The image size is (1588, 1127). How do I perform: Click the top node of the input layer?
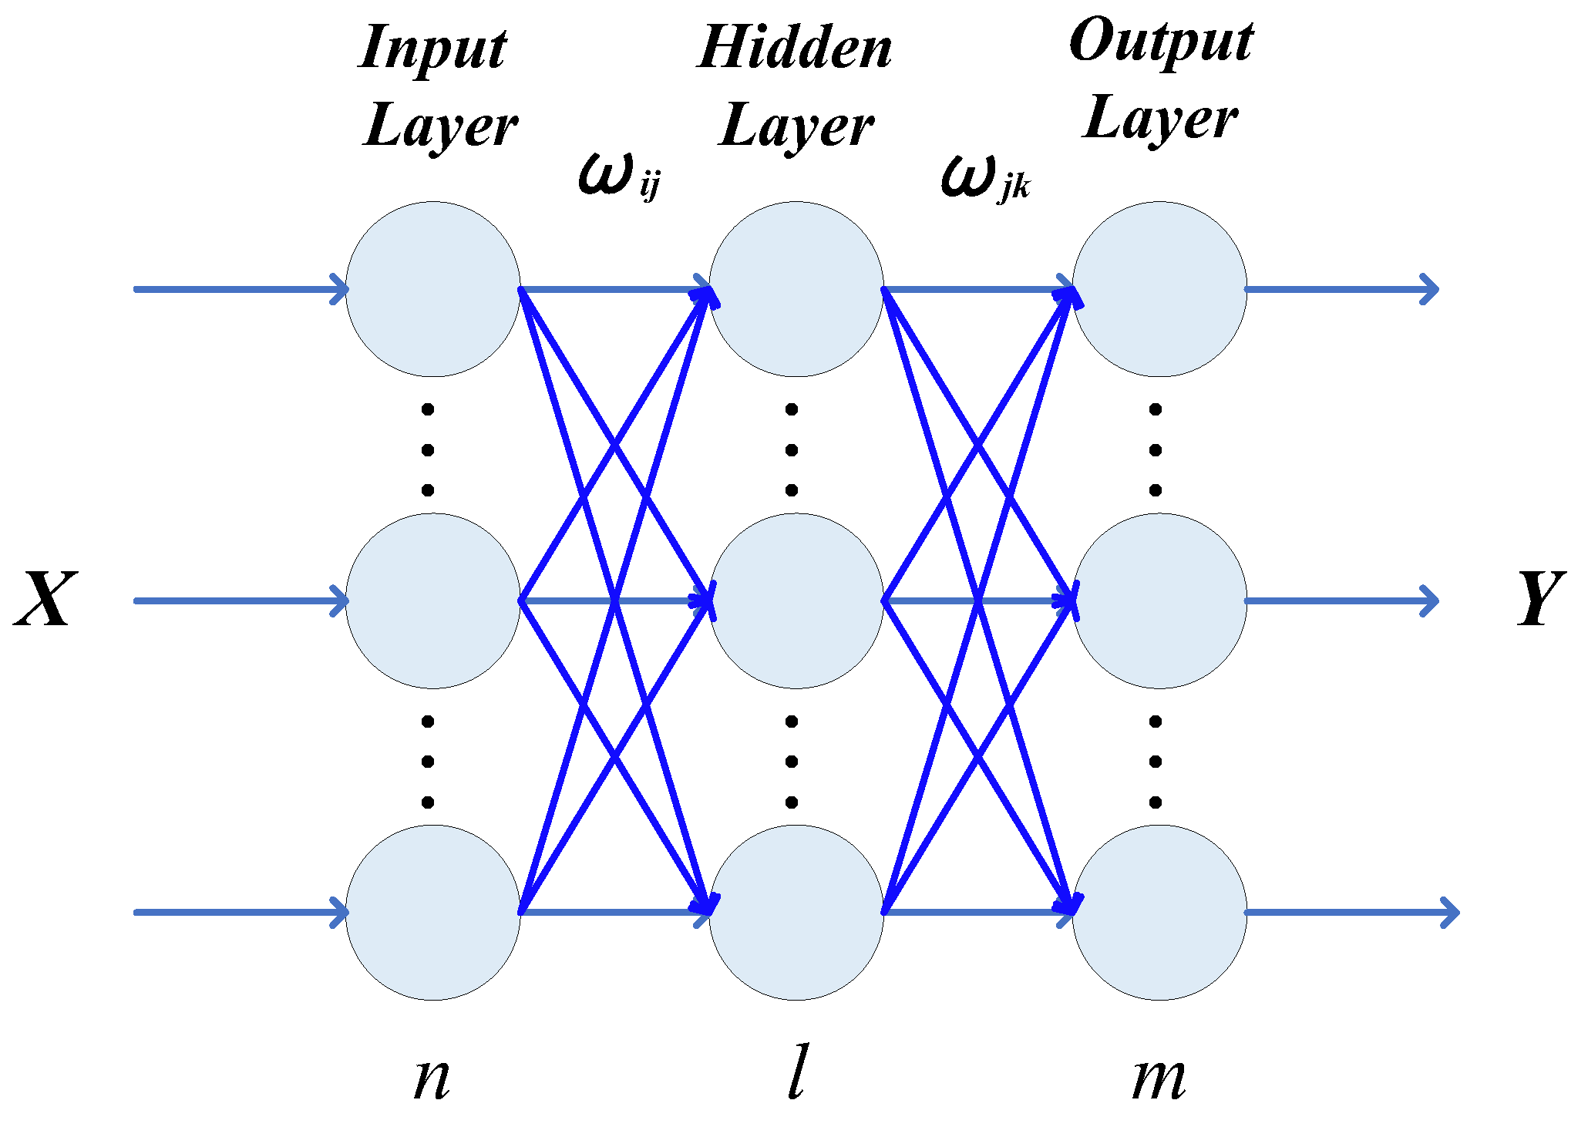pyautogui.click(x=432, y=289)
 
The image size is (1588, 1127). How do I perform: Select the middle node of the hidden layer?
pyautogui.click(x=796, y=601)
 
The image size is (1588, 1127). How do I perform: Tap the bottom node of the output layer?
pyautogui.click(x=1159, y=913)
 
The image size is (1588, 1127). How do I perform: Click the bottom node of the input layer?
pyautogui.click(x=432, y=913)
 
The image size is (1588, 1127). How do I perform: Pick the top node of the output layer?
pyautogui.click(x=1159, y=289)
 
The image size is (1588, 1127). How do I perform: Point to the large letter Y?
pyautogui.click(x=1540, y=599)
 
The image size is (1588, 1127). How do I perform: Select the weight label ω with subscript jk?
pyautogui.click(x=983, y=177)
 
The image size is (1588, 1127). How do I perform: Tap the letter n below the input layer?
pyautogui.click(x=432, y=1078)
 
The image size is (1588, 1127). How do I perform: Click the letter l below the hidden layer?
pyautogui.click(x=796, y=1071)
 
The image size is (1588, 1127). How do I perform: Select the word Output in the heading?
pyautogui.click(x=1160, y=42)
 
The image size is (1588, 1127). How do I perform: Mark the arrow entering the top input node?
pyautogui.click(x=239, y=289)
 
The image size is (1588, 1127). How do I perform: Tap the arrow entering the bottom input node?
pyautogui.click(x=239, y=913)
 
